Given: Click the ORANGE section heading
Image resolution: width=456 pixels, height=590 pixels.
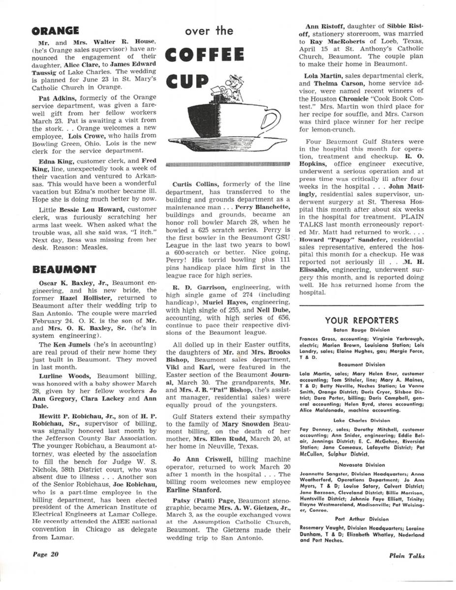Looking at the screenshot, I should coord(56,31).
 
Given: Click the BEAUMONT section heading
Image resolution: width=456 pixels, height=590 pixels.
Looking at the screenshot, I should coord(64,269).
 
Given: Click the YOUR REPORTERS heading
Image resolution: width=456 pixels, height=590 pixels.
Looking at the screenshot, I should coord(361,321).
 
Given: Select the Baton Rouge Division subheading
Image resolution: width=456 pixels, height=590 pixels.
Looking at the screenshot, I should coord(361,330).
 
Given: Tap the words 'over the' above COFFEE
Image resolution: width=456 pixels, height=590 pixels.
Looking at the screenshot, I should coord(209,31).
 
